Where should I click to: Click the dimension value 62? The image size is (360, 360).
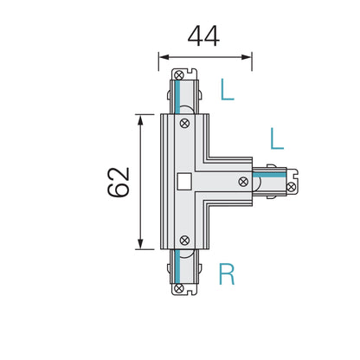(119, 181)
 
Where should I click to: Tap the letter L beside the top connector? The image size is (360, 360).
(227, 89)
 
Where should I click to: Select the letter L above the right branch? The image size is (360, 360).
(277, 138)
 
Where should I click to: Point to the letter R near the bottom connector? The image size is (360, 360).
(227, 275)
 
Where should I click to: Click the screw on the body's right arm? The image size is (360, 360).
(245, 182)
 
